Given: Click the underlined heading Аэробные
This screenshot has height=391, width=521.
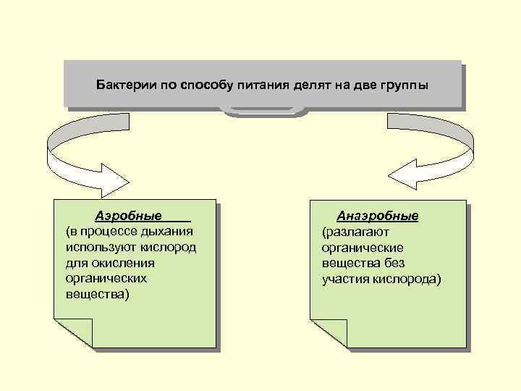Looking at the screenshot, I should click(129, 217).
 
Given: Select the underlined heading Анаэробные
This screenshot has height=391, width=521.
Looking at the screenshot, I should click(377, 216).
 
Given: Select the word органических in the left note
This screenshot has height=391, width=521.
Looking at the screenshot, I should click(106, 278).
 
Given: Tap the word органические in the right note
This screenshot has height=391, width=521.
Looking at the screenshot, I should click(363, 248).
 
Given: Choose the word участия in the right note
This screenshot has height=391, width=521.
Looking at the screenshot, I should click(347, 279).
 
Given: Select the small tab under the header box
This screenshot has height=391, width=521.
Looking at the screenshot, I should click(261, 111).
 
